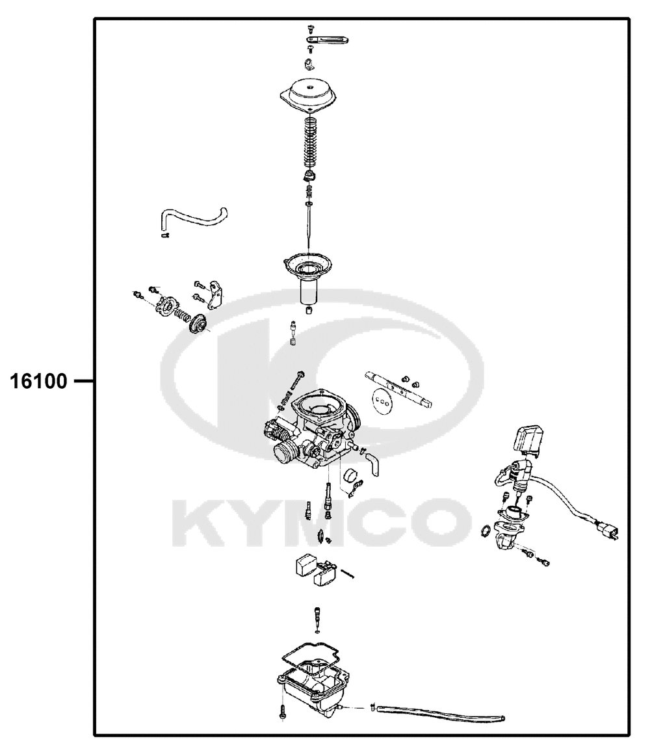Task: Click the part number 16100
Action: coord(39,381)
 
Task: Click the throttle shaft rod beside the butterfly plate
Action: coord(399,389)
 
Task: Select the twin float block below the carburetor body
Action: coord(316,570)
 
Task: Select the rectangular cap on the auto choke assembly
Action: coord(528,438)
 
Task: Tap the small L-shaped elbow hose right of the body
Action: coord(372,463)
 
